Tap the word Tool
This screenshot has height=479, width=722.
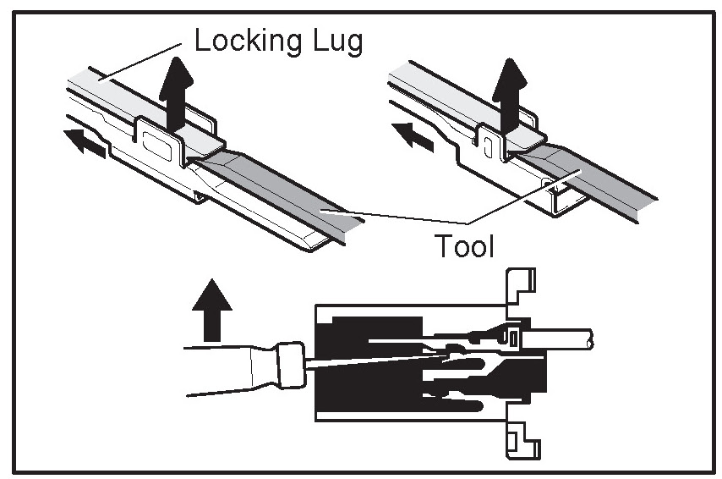pyautogui.click(x=463, y=245)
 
